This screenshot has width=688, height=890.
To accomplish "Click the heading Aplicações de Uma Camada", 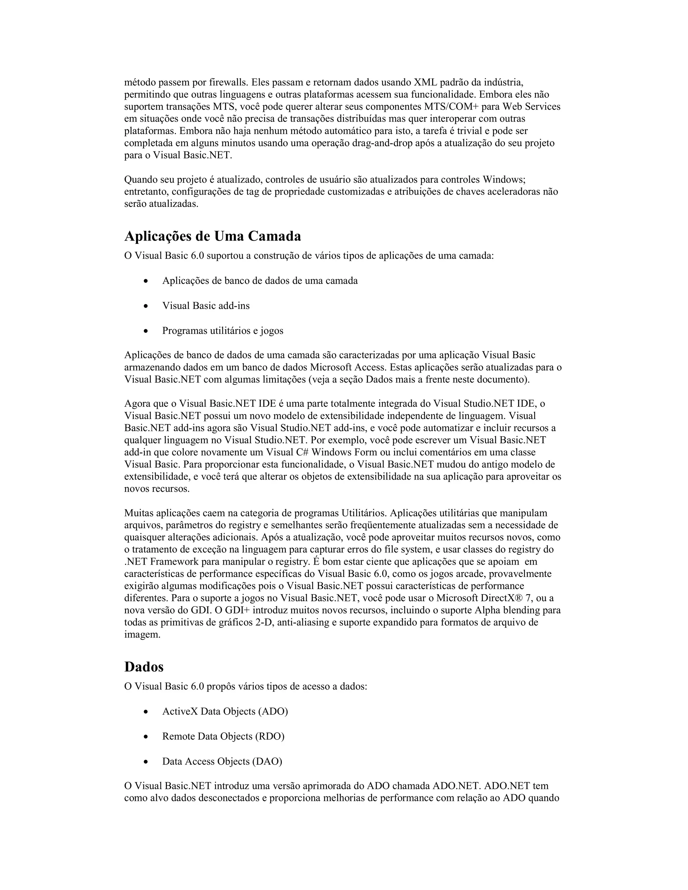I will pyautogui.click(x=212, y=236).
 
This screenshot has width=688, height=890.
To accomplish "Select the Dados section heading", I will pyautogui.click(x=143, y=667).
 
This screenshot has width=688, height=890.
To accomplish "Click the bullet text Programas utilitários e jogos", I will pyautogui.click(x=222, y=330).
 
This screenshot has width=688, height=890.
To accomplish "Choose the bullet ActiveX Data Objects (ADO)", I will pyautogui.click(x=225, y=712).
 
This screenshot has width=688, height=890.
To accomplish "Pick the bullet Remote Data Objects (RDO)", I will pyautogui.click(x=223, y=737).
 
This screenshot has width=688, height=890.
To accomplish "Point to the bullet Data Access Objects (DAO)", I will pyautogui.click(x=222, y=761).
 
